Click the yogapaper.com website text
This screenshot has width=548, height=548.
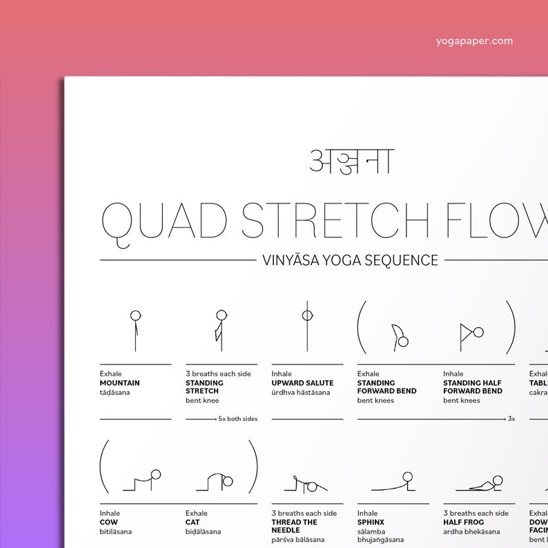(x=474, y=41)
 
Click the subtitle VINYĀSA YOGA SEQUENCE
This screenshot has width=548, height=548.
(x=350, y=260)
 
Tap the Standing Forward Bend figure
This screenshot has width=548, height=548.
(x=398, y=336)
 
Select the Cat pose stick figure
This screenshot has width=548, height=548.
(x=221, y=481)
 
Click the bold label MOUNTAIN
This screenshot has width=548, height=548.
(x=119, y=383)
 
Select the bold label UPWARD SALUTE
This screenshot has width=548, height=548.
(x=302, y=383)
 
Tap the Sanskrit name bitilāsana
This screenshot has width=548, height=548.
(x=115, y=531)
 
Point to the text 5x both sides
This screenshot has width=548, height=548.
(x=237, y=419)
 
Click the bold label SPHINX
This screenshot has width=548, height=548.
(x=371, y=522)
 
